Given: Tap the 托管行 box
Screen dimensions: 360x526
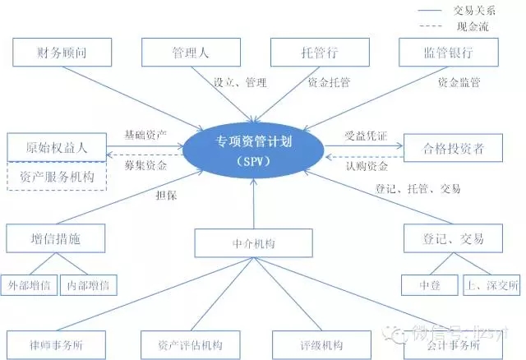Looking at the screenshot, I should (x=319, y=53).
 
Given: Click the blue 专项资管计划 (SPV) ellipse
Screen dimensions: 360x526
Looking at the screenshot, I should (x=256, y=149).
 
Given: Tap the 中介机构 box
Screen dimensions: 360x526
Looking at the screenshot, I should (x=255, y=243).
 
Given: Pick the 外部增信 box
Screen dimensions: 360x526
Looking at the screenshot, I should (x=30, y=285).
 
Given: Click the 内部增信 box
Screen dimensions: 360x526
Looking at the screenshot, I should (x=92, y=285).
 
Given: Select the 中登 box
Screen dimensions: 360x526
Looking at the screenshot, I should (x=425, y=285).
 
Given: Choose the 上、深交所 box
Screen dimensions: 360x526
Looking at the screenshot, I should (x=491, y=285).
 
